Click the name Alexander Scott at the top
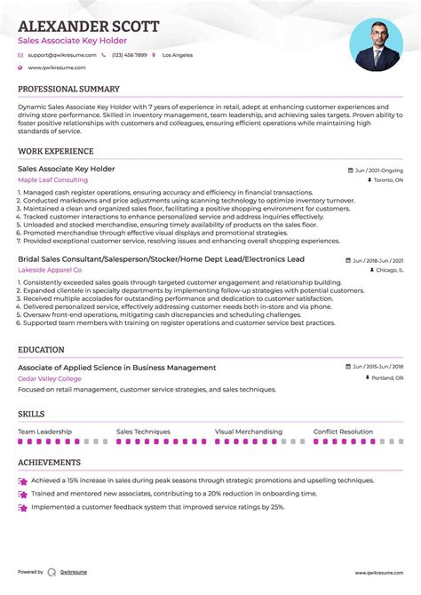[x=88, y=26]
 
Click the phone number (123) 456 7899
[x=129, y=55]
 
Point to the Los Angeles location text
[x=176, y=55]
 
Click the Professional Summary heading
[x=68, y=90]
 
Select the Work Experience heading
[x=56, y=152]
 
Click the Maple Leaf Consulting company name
[x=52, y=180]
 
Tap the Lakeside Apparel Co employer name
[x=50, y=269]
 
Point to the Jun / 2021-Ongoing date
[x=377, y=169]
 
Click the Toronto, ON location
[x=387, y=180]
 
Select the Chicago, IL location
[x=388, y=269]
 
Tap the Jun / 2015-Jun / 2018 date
[x=377, y=366]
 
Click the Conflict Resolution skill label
[x=343, y=432]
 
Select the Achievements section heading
[x=49, y=463]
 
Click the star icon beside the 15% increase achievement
[x=22, y=480]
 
